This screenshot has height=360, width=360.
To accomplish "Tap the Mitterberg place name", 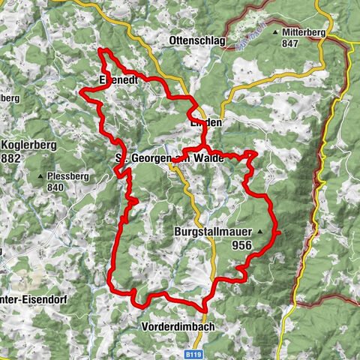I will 308,33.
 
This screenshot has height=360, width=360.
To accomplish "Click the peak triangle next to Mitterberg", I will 276,33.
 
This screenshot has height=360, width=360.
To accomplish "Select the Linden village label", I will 205,121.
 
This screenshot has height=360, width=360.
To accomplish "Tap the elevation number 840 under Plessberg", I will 77,189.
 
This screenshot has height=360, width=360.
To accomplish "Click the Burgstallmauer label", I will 214,232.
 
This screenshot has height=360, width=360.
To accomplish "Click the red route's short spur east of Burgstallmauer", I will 277,234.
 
